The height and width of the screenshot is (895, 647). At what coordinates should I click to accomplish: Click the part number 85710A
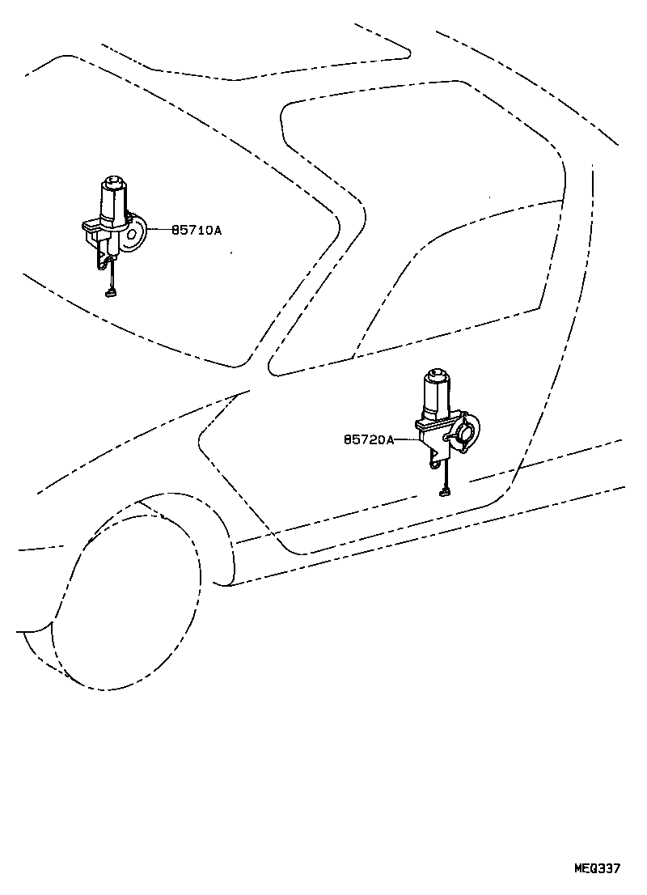click(x=197, y=231)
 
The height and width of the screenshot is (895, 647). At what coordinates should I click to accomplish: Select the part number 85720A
click(x=369, y=439)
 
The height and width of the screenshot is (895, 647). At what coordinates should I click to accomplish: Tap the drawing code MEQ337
click(x=596, y=869)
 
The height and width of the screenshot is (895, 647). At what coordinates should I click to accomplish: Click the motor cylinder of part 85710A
click(x=115, y=201)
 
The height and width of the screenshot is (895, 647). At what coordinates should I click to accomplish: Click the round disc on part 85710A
click(x=136, y=233)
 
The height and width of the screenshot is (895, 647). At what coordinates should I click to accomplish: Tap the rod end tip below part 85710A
click(x=111, y=294)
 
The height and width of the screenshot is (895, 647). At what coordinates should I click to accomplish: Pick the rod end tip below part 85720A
click(x=443, y=491)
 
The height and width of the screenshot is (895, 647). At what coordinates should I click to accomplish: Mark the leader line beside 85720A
click(x=408, y=439)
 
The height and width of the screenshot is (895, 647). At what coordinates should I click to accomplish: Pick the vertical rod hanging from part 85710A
click(x=112, y=276)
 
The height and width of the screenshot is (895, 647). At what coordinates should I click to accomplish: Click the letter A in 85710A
click(x=218, y=231)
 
